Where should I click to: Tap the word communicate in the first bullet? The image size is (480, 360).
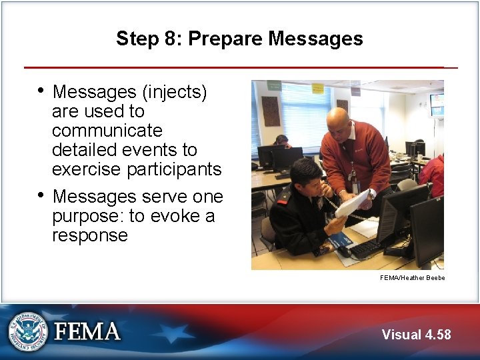coord(107,130)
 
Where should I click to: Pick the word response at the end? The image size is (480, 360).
coord(89,235)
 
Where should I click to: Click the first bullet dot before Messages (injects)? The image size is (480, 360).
coord(41,90)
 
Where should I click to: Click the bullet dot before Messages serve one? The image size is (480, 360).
coord(41,195)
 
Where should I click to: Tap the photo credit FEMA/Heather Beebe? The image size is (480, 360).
coord(411,277)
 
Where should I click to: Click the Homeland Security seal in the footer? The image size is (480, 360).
coord(28,331)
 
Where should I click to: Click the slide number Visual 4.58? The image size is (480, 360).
coord(416,335)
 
